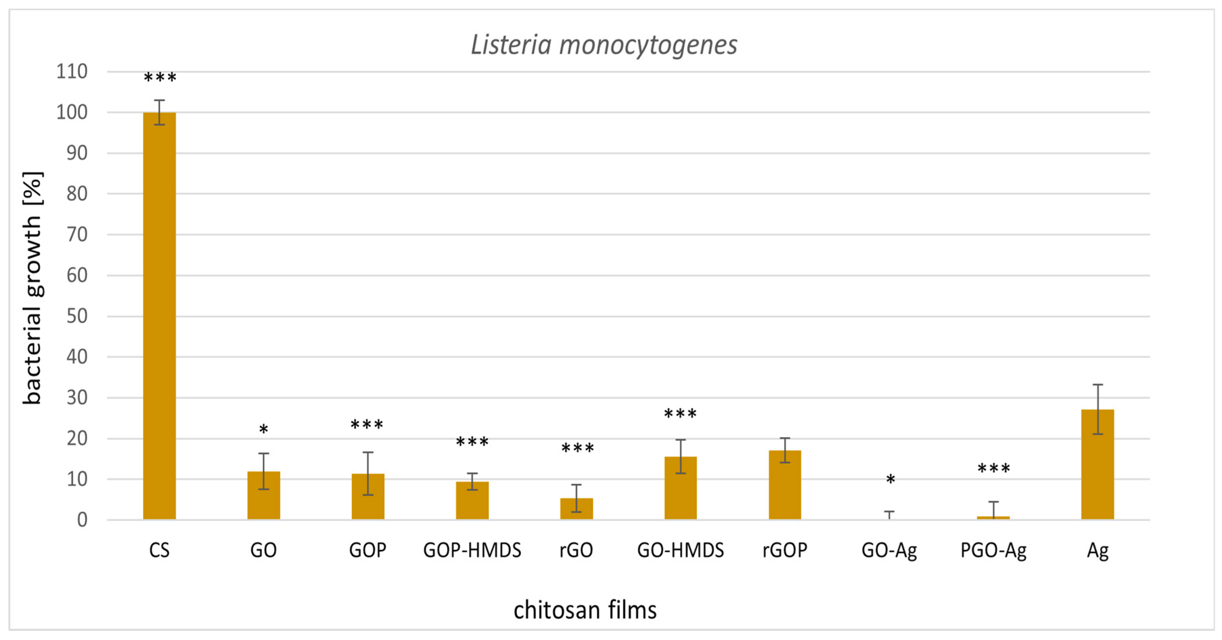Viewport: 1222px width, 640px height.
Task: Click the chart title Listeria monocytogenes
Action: coord(604,45)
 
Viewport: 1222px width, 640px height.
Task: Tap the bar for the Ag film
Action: coord(1097,464)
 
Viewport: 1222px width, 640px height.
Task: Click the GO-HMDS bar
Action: coord(680,488)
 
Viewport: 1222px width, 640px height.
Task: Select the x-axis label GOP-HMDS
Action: coord(472,550)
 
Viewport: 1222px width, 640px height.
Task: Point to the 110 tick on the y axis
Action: coord(72,72)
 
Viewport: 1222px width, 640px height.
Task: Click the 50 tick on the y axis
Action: coord(77,316)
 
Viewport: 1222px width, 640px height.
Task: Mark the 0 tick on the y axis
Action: coord(82,520)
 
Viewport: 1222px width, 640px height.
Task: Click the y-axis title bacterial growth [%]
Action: coord(32,288)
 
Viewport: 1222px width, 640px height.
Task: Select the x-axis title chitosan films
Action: coord(585,610)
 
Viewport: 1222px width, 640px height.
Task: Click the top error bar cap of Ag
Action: coord(1097,384)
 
